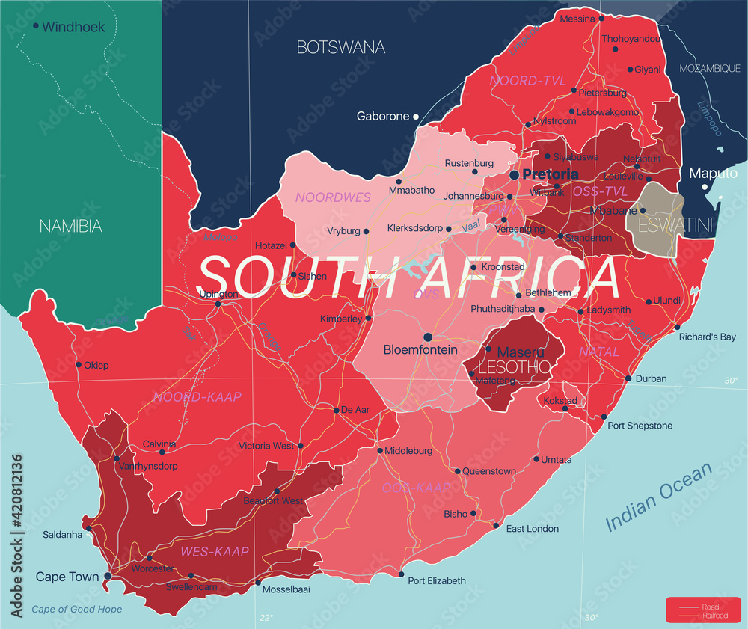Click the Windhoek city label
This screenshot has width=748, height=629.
pyautogui.click(x=73, y=27)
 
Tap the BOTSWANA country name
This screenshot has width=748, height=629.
pyautogui.click(x=341, y=47)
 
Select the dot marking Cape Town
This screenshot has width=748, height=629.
pyautogui.click(x=108, y=576)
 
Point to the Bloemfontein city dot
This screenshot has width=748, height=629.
pyautogui.click(x=428, y=337)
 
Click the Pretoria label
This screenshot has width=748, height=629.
pyautogui.click(x=551, y=174)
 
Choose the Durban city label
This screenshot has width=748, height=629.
pyautogui.click(x=651, y=378)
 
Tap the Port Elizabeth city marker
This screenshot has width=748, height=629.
pyautogui.click(x=401, y=574)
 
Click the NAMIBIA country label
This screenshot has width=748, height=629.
pyautogui.click(x=70, y=225)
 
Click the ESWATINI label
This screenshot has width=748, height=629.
pyautogui.click(x=672, y=222)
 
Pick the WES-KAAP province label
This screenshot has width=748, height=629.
pyautogui.click(x=214, y=551)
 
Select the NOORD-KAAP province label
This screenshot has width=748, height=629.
pyautogui.click(x=197, y=396)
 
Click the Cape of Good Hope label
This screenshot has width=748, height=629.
pyautogui.click(x=76, y=609)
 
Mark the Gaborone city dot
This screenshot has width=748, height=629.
pyautogui.click(x=416, y=116)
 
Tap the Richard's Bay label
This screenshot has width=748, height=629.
pyautogui.click(x=707, y=337)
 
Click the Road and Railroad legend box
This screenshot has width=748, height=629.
pyautogui.click(x=702, y=610)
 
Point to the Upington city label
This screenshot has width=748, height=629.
pyautogui.click(x=218, y=294)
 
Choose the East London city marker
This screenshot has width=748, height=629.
pyautogui.click(x=495, y=525)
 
